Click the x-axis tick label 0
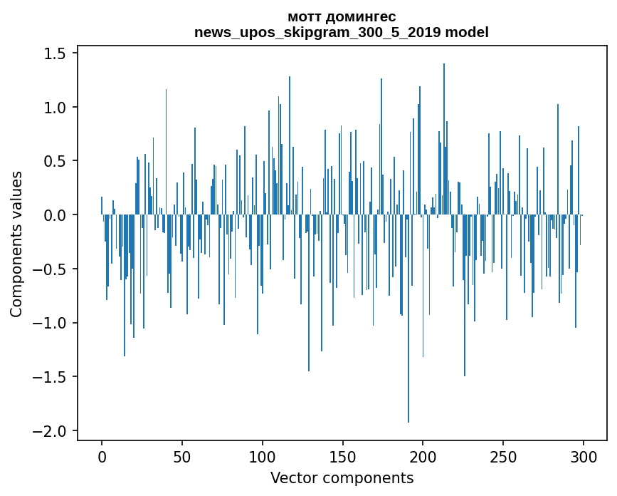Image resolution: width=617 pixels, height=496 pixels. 102,455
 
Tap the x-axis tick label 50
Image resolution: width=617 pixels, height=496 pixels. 182,455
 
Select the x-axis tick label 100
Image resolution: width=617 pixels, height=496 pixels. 263,455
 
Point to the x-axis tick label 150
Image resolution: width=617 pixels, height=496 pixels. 343,455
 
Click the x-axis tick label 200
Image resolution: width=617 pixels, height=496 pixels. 423,455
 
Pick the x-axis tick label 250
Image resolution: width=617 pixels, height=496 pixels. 504,455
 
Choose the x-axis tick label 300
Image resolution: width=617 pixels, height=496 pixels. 584,455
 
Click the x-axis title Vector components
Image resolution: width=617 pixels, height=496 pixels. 342,477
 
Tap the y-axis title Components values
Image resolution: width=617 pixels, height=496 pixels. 16,244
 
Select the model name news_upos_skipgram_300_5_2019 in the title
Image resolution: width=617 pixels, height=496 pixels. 322,32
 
